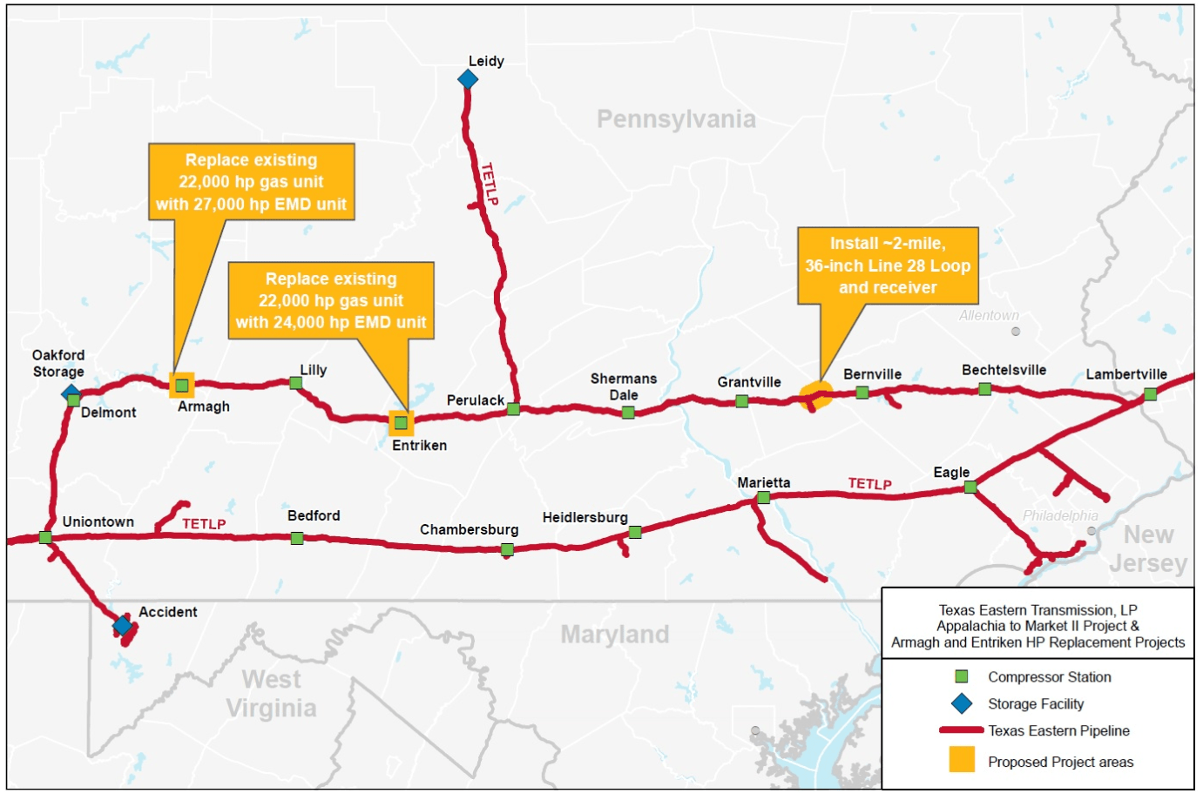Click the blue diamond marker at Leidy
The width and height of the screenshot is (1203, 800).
[468, 79]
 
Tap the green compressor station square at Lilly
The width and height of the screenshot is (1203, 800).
[296, 383]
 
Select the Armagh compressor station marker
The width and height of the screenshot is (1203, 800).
[182, 385]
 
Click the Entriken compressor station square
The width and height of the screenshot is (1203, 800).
[401, 423]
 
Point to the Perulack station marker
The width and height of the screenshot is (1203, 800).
[513, 409]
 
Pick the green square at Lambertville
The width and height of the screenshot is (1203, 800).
[1150, 394]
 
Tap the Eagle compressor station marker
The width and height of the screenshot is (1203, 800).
[970, 487]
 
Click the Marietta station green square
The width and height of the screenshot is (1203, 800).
[763, 498]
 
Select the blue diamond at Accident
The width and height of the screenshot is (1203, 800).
[123, 625]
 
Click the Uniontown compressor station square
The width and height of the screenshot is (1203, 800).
[45, 538]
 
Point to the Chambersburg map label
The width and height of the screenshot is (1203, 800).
[469, 529]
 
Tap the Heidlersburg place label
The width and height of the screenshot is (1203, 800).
[585, 517]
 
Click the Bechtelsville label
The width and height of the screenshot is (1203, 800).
[1004, 370]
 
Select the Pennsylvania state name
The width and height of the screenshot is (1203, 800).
[676, 119]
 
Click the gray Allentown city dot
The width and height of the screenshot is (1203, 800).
[1015, 332]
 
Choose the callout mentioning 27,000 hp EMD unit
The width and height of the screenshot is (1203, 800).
[251, 182]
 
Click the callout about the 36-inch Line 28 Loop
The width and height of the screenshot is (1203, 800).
[888, 266]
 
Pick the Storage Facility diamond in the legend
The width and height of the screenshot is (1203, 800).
[962, 703]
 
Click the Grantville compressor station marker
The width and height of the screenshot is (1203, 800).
[741, 401]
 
